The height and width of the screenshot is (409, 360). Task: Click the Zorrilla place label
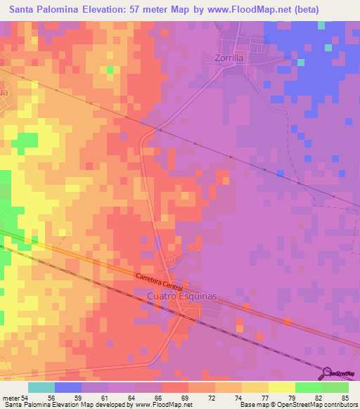[x=229, y=59]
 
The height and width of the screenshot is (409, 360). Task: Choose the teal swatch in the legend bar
[x=41, y=387]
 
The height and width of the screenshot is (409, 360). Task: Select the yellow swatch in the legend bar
[x=281, y=387]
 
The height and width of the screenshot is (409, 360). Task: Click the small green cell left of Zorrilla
[x=110, y=70]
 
